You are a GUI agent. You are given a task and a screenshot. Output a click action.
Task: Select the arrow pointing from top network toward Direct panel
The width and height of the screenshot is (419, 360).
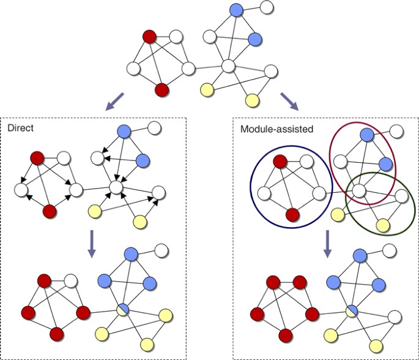(114, 100)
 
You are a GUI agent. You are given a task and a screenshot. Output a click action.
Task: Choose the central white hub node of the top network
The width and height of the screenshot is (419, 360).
(229, 66)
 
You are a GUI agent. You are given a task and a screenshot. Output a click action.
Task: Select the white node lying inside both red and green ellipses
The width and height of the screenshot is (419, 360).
(359, 191)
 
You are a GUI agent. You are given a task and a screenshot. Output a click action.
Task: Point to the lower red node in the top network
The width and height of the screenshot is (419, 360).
(161, 91)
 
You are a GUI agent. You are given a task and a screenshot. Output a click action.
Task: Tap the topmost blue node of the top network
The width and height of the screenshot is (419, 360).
(237, 10)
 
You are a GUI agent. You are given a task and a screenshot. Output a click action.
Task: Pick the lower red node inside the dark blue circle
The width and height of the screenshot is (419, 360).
(292, 215)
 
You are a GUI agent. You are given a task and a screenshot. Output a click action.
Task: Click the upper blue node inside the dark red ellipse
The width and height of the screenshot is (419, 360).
(366, 134)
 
